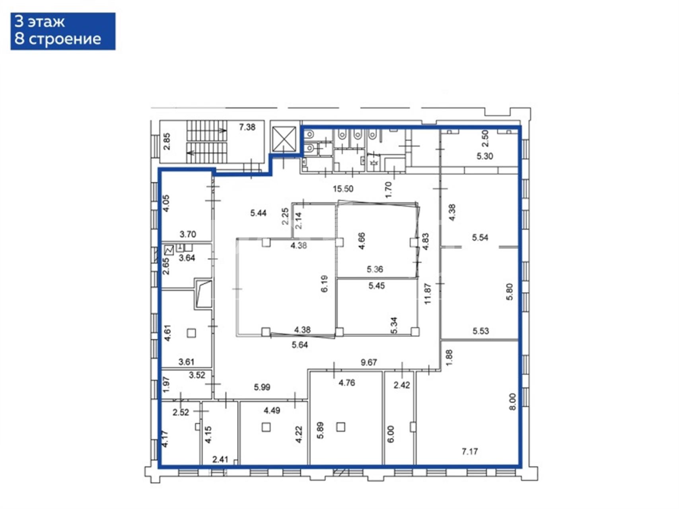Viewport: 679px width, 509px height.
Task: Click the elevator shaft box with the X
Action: point(284,139)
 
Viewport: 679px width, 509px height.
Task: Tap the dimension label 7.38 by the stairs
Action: point(247,127)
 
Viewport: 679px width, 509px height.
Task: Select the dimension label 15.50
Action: point(343,189)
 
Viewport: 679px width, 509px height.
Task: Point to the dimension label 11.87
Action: point(428,293)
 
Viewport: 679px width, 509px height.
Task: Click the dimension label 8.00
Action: point(512,402)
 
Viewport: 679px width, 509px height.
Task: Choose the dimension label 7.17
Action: point(470,451)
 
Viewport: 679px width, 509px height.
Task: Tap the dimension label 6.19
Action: point(325,284)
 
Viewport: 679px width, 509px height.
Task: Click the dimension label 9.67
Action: point(369,362)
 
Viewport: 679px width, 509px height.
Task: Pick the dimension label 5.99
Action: point(262,387)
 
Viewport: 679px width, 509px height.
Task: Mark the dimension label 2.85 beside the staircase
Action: point(167,141)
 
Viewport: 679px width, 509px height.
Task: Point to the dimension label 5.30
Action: point(485,156)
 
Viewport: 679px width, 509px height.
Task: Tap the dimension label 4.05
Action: point(166,203)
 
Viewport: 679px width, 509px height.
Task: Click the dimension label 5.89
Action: point(320,430)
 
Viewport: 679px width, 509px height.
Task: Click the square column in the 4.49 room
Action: point(266,427)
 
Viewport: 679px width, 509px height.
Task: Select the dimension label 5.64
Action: point(300,345)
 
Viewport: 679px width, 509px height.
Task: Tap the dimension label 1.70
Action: point(389,189)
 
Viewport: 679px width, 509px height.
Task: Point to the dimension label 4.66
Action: point(362,241)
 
